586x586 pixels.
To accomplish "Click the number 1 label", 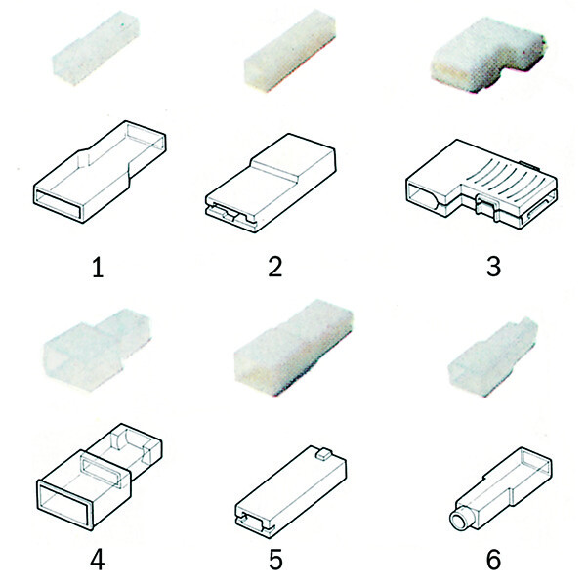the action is [98, 268].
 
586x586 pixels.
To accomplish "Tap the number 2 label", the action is [275, 267].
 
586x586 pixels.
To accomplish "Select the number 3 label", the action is [493, 267].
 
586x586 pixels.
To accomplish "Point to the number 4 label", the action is [98, 560].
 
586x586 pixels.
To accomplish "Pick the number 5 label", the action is [275, 560].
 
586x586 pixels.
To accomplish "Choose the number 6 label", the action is [493, 560].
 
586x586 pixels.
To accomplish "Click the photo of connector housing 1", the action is [97, 48].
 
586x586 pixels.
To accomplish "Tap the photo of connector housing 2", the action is [290, 51].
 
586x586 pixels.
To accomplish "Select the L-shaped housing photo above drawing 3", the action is [487, 55].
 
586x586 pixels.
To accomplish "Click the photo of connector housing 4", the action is [97, 349].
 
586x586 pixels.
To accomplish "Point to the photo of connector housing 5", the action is [294, 348].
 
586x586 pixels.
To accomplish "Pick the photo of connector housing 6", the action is [493, 356].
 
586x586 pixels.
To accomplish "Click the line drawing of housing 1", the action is [101, 172].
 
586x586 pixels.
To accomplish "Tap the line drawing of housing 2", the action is [271, 184].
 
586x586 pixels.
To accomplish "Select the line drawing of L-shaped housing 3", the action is [481, 185].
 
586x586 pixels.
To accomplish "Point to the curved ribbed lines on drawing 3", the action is [505, 171].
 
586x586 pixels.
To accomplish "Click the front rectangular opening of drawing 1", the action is [58, 204].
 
